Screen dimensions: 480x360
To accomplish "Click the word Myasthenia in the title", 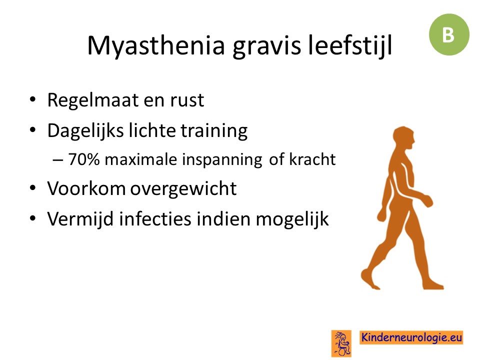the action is click(x=156, y=45).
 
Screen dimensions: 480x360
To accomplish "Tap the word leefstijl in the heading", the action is click(x=350, y=45).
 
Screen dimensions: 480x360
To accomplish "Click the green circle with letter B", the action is click(x=449, y=34).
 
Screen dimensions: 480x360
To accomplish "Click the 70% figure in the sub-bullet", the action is click(x=84, y=159).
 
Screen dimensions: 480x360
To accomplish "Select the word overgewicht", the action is click(x=183, y=188).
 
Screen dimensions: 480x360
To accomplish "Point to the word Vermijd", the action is click(x=80, y=218).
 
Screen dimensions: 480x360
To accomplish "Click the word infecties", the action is click(x=155, y=218).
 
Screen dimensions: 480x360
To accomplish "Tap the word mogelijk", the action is click(x=292, y=219).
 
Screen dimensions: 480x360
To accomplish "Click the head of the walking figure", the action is click(x=404, y=138).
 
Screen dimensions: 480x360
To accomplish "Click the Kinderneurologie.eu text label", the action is click(x=411, y=337).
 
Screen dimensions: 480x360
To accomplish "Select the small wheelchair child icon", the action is click(x=341, y=343).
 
